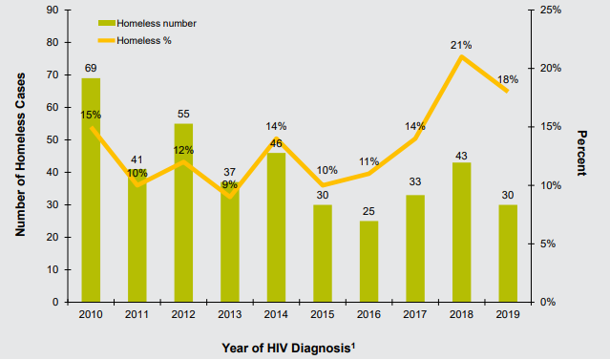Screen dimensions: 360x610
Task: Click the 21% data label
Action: click(461, 45)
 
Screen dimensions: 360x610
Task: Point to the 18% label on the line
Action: click(508, 79)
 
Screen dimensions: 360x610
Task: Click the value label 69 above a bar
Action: click(91, 68)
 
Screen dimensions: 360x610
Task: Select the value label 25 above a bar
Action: click(368, 210)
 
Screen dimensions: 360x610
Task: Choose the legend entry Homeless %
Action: click(137, 40)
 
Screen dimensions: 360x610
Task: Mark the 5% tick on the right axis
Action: click(547, 244)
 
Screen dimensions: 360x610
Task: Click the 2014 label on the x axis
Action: click(276, 315)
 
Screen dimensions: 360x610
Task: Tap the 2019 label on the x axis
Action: click(508, 315)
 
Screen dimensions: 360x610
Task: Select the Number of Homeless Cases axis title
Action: click(19, 156)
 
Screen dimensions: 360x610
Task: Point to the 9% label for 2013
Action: click(230, 184)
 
